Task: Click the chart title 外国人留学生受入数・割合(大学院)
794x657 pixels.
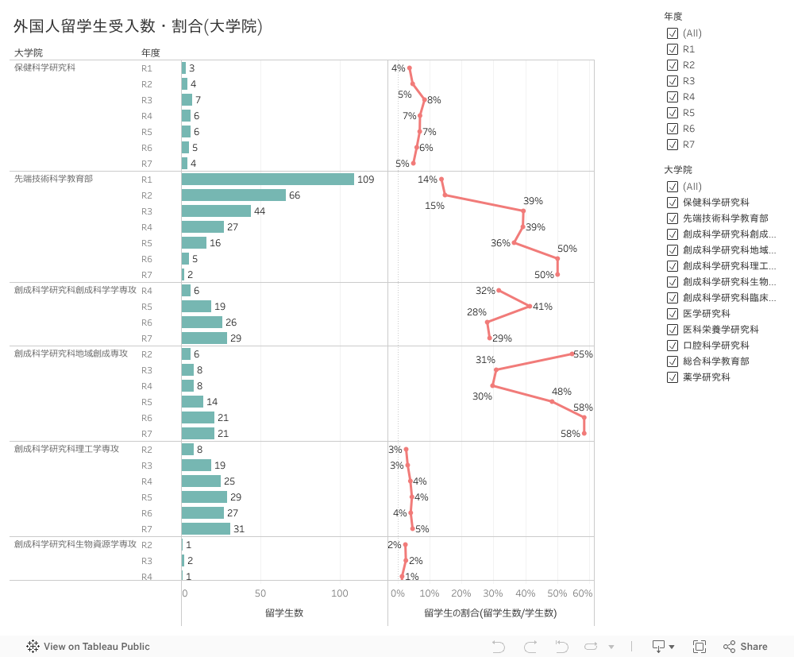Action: tap(137, 27)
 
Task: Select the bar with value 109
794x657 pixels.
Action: tap(268, 180)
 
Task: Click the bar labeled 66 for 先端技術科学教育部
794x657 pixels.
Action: tap(233, 195)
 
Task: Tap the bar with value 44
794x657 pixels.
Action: tap(216, 211)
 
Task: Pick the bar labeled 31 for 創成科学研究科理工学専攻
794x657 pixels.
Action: tap(206, 529)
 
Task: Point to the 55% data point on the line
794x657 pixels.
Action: tap(572, 354)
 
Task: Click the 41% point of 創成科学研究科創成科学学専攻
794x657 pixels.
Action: tap(530, 307)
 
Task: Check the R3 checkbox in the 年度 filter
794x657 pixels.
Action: tap(673, 81)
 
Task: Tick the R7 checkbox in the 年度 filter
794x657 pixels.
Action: tap(673, 145)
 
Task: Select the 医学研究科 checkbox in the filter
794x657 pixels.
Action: tap(673, 314)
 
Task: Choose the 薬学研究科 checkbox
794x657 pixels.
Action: tap(673, 377)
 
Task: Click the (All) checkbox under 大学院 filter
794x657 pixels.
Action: tap(673, 187)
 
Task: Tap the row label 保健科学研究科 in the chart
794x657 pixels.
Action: tap(45, 68)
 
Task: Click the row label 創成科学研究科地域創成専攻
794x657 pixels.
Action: tap(71, 354)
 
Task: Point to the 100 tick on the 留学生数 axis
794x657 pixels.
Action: tap(339, 593)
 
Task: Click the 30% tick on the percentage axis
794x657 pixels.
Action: tap(493, 593)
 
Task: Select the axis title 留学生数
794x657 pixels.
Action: tap(284, 613)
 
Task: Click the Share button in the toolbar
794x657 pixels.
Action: tap(746, 647)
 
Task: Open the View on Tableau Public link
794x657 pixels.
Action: tap(88, 647)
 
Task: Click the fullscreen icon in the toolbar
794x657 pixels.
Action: tap(700, 647)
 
